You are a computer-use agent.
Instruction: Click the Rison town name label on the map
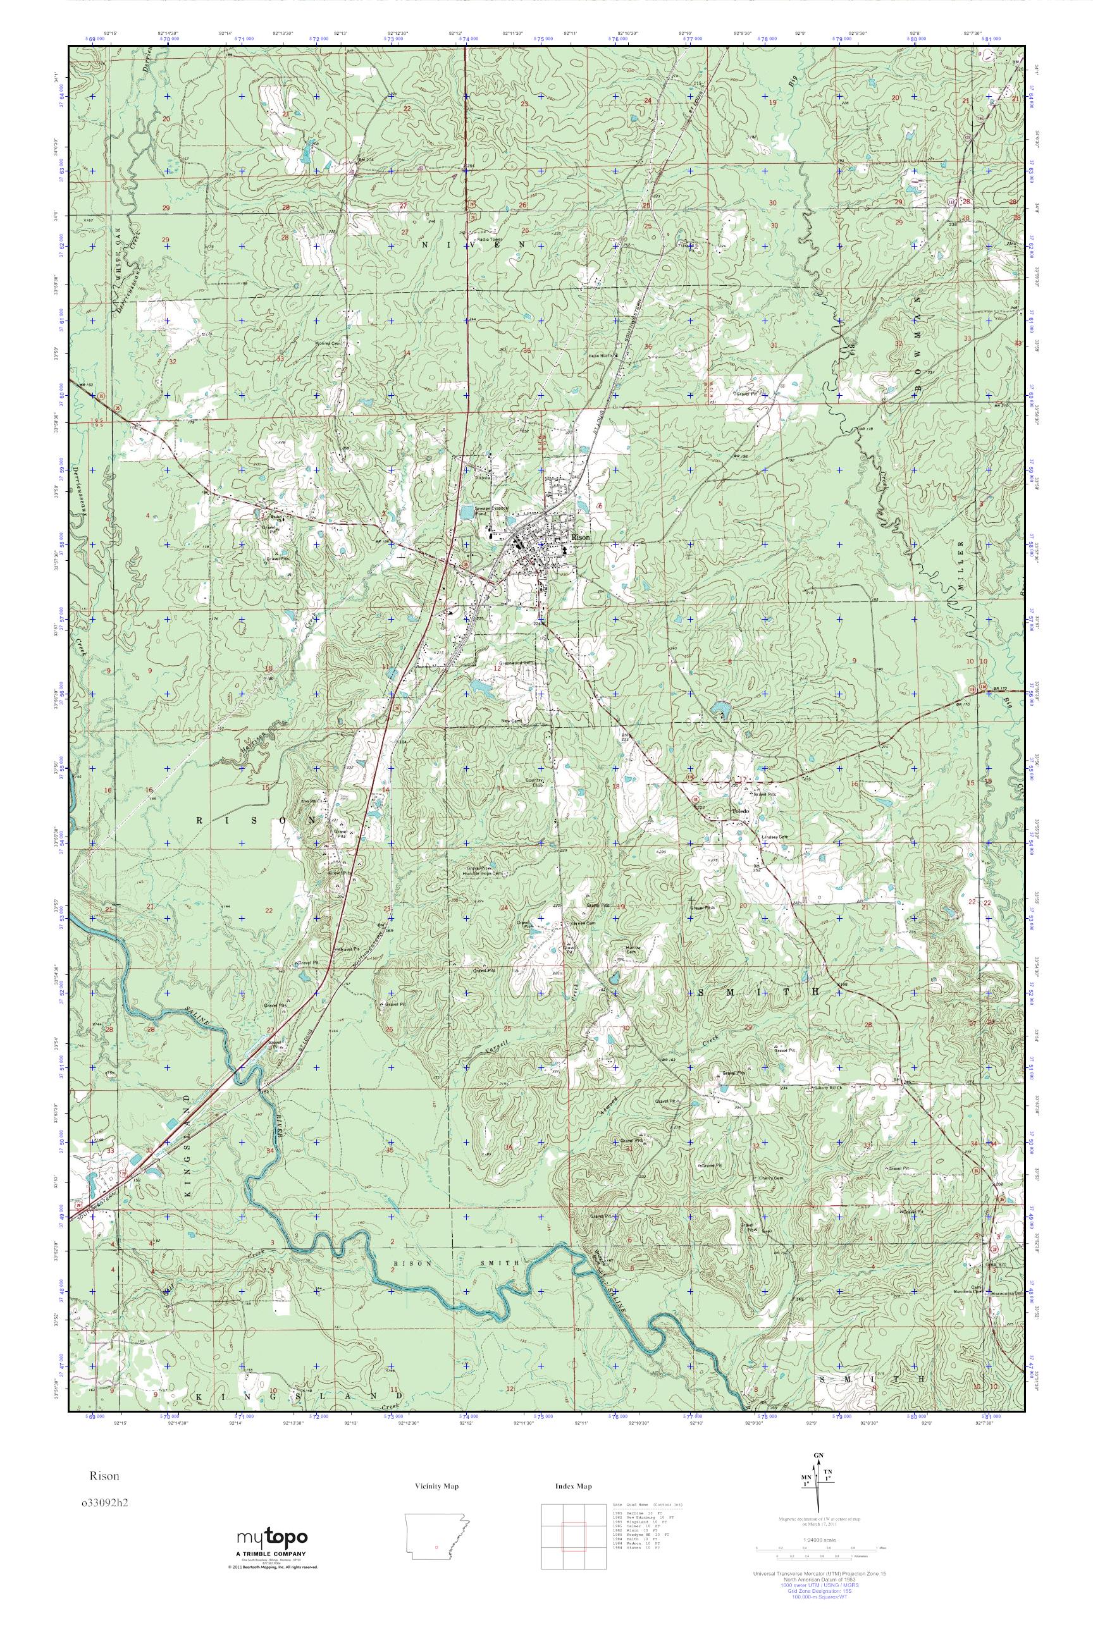tap(580, 538)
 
